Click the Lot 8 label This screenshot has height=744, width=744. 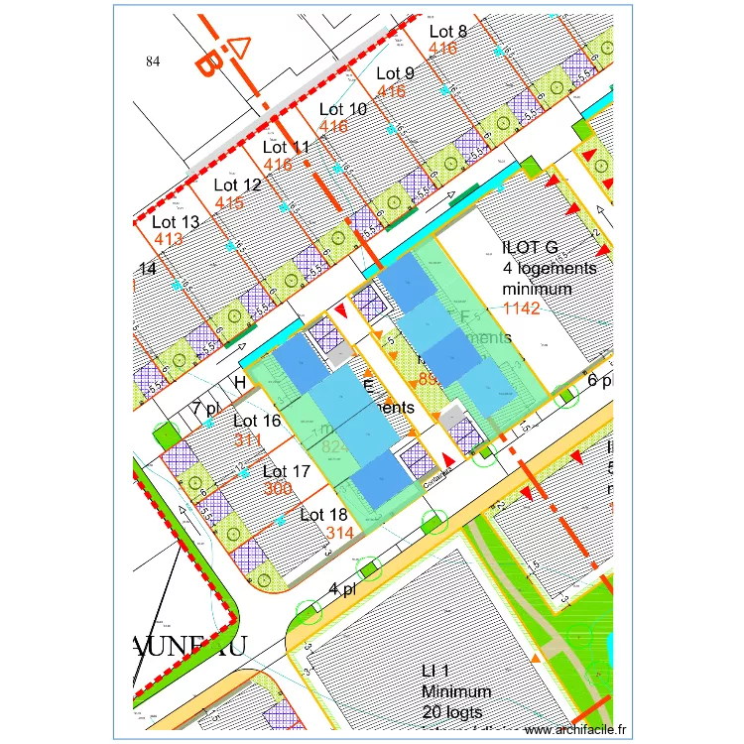pyautogui.click(x=447, y=32)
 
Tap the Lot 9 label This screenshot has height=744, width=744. pyautogui.click(x=395, y=73)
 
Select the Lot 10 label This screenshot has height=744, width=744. pyautogui.click(x=342, y=109)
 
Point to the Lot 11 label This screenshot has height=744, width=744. pyautogui.click(x=287, y=148)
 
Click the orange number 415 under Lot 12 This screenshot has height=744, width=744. pyautogui.click(x=229, y=202)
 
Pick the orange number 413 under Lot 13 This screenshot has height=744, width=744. pyautogui.click(x=168, y=239)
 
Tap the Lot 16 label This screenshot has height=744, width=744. pyautogui.click(x=257, y=421)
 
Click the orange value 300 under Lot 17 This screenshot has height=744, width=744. pyautogui.click(x=279, y=489)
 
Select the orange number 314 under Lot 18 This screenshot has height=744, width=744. pyautogui.click(x=340, y=533)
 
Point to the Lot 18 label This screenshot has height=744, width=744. pyautogui.click(x=323, y=515)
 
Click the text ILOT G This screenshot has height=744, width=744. pyautogui.click(x=531, y=248)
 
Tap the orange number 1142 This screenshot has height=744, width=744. pyautogui.click(x=521, y=309)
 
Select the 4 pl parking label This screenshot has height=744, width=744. pyautogui.click(x=342, y=589)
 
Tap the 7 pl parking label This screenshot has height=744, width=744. pyautogui.click(x=206, y=408)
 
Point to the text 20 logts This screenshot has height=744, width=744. pyautogui.click(x=450, y=711)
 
